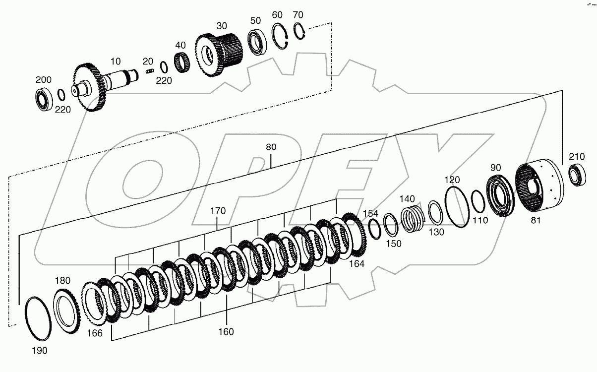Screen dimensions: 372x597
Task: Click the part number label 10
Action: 116,62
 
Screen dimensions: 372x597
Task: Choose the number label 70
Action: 298,14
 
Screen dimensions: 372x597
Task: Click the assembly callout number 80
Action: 271,147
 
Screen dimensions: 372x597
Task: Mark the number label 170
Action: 218,211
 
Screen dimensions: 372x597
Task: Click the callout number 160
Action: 226,332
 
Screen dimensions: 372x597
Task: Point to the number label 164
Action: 356,264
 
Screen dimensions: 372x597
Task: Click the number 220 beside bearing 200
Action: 63,110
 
